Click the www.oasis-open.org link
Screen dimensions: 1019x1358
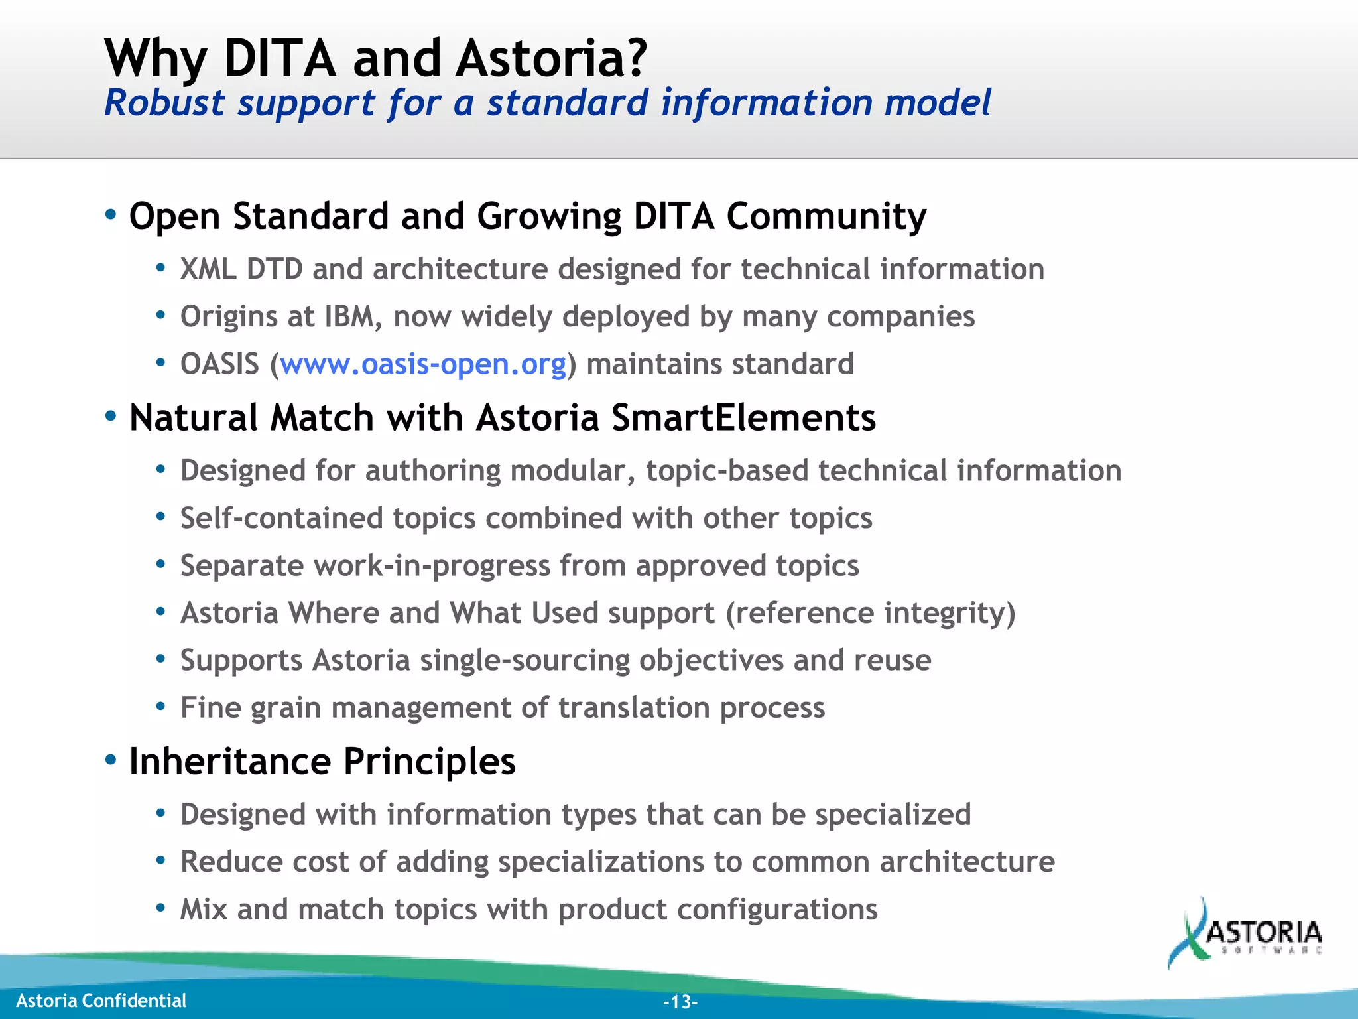423,364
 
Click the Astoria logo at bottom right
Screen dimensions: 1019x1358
1245,934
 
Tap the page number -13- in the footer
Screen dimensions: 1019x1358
680,1002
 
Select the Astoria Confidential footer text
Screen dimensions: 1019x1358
101,1000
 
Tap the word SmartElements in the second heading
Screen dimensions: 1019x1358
743,418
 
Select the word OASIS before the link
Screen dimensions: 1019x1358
219,364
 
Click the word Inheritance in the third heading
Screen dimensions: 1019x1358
229,761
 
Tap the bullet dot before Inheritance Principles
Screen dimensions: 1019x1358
111,759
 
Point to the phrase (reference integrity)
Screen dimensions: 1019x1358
870,613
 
